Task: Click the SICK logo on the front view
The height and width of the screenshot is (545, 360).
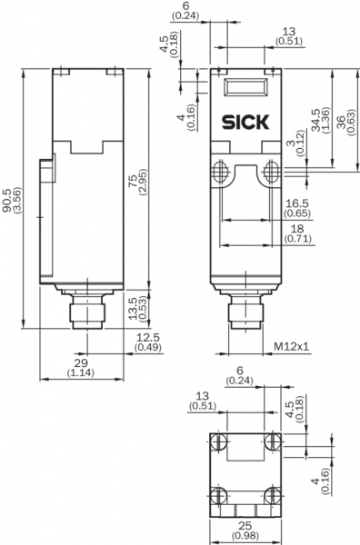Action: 245,122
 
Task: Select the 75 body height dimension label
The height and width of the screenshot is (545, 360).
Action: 137,183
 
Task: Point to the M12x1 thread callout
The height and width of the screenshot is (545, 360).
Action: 292,346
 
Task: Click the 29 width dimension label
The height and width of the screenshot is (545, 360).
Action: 81,368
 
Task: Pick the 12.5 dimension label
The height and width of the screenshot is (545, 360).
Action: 148,342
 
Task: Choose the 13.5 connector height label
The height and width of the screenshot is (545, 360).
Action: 138,309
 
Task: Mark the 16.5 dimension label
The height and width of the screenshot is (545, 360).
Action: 297,208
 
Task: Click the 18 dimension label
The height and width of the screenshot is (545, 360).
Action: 298,233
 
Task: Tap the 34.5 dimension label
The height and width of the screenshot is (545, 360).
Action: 320,120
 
